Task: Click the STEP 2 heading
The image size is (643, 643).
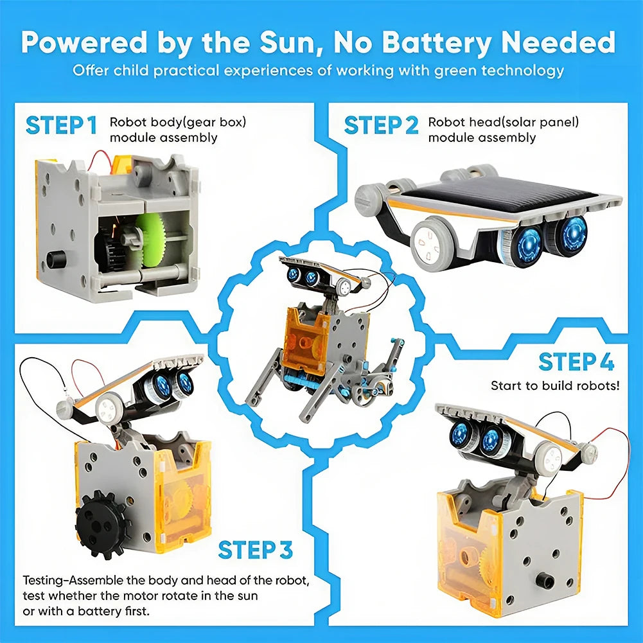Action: [x=381, y=126]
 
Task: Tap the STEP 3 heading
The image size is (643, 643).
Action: [x=255, y=550]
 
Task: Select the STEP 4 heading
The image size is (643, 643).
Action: [x=576, y=362]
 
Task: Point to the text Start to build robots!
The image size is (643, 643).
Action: [x=555, y=386]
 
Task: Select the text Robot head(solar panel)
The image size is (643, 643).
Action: [x=504, y=122]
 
